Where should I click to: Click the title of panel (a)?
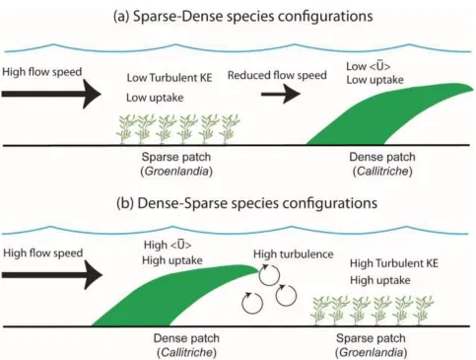point(243,17)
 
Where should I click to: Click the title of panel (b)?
point(246,203)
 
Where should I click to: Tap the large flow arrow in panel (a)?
point(51,94)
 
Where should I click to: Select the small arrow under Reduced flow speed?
point(281,94)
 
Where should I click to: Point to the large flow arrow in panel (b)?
point(52,275)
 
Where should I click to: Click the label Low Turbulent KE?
point(170,78)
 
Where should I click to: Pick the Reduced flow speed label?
point(277,75)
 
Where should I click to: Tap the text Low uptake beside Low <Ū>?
point(374,80)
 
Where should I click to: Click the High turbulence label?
point(294,254)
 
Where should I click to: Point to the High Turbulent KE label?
point(394,263)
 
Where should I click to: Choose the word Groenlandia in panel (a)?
point(176,172)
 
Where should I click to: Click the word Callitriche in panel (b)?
point(186,353)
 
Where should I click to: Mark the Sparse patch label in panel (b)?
point(371,338)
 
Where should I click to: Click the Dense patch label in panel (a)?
point(382,157)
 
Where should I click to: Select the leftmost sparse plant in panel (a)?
point(125,129)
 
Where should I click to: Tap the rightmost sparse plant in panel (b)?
point(424,311)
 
